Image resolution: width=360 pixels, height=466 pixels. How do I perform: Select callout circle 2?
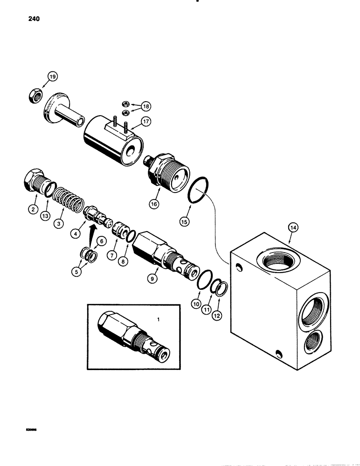(x=33, y=210)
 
